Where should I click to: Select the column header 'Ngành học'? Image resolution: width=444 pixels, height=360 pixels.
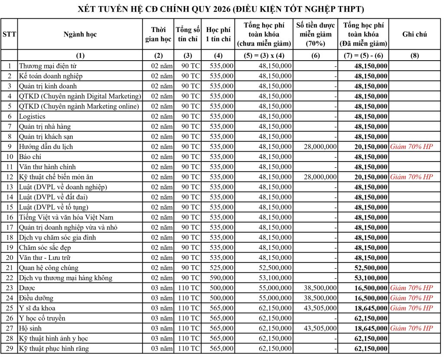(80, 34)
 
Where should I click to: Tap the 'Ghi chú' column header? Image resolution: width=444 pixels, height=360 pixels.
(415, 34)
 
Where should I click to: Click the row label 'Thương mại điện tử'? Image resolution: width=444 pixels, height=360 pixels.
(48, 66)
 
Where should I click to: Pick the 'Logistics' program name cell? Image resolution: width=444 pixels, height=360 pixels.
(32, 116)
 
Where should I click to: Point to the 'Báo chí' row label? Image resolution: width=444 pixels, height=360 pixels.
(30, 156)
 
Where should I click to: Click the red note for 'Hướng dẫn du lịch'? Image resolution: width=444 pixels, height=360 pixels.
(411, 146)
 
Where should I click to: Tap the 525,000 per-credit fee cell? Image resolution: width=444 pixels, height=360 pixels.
(221, 268)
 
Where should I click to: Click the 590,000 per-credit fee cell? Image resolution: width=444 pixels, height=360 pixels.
(221, 278)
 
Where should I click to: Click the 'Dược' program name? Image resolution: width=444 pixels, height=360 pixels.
(27, 288)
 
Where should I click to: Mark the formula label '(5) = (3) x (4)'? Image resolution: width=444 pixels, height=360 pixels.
(264, 55)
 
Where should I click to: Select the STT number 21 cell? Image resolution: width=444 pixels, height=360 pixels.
(9, 268)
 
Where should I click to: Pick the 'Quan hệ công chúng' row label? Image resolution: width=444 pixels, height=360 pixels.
(49, 268)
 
